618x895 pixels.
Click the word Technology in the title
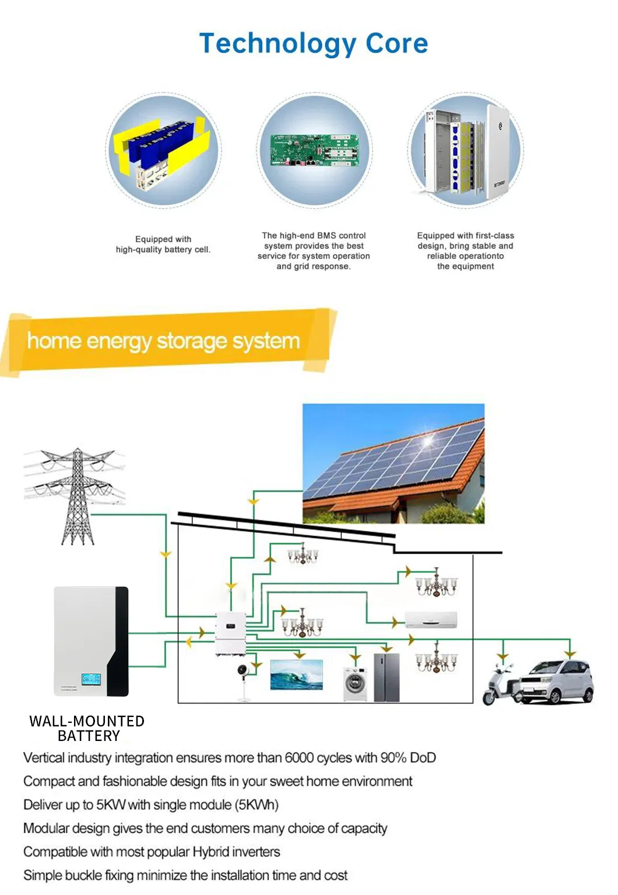(x=278, y=44)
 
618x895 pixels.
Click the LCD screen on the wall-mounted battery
(x=91, y=679)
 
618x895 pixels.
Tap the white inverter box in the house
(x=230, y=634)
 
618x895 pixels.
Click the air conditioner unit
(x=431, y=619)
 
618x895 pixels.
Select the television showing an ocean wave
(x=296, y=675)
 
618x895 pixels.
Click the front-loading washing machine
(x=355, y=683)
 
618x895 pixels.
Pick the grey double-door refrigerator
(x=387, y=677)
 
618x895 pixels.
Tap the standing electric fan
(x=243, y=682)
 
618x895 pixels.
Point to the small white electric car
(x=557, y=681)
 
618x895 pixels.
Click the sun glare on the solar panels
(x=428, y=441)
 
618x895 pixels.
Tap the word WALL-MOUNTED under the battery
(x=87, y=721)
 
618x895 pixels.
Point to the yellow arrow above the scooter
(x=503, y=656)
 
